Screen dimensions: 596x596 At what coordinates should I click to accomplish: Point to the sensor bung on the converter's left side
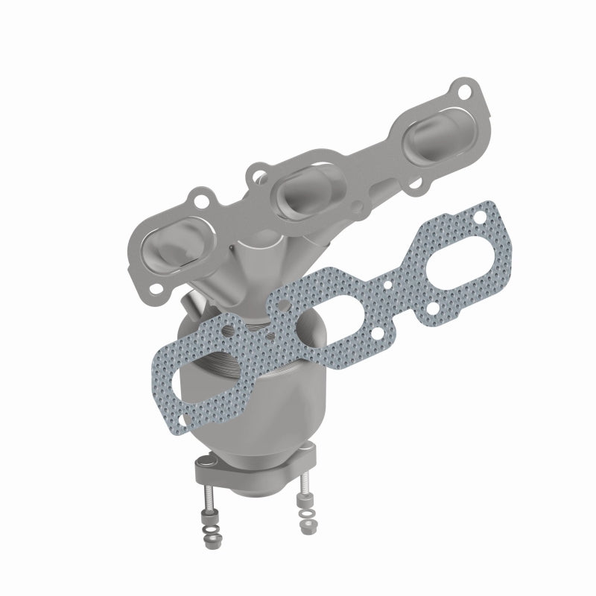point(192,305)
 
